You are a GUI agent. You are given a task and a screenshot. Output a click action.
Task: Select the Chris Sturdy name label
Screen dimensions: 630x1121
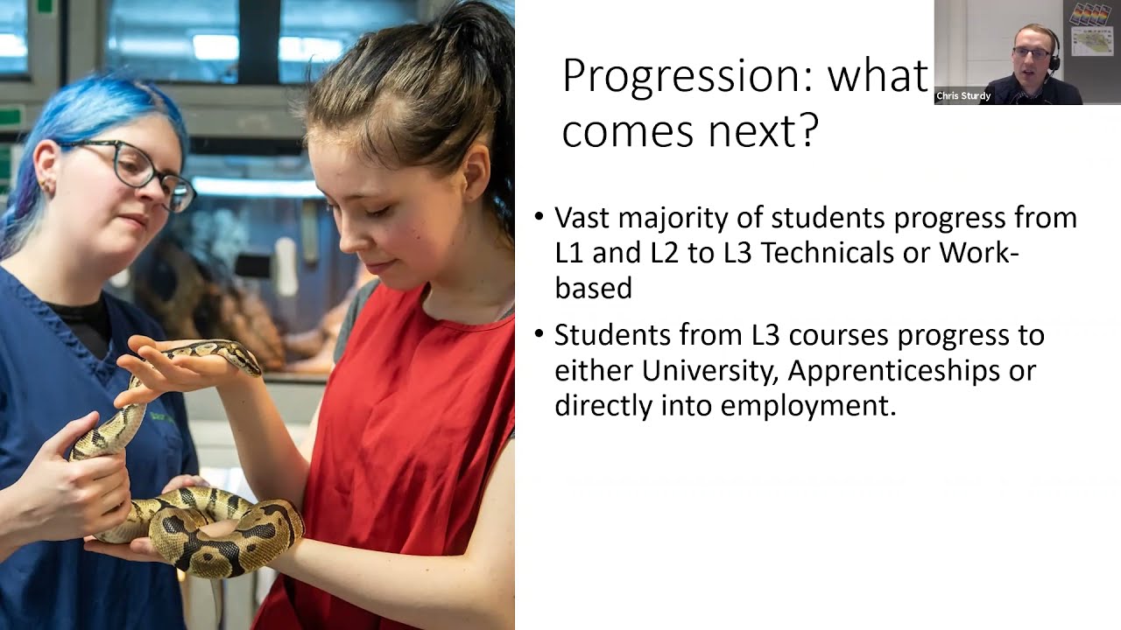(x=963, y=96)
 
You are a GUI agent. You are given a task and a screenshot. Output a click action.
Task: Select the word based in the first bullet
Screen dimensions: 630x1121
(x=593, y=288)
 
